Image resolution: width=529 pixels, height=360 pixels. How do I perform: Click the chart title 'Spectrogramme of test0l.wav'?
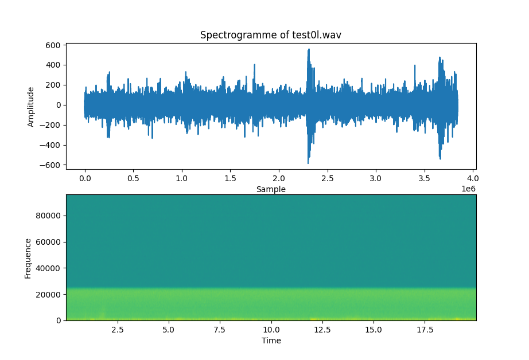(271, 35)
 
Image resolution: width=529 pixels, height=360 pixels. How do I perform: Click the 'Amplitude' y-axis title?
(31, 107)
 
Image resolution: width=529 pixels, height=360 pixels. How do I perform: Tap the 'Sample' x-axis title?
(271, 189)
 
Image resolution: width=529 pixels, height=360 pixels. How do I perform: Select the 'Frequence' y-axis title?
(28, 257)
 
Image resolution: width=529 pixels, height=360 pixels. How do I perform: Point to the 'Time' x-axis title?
(271, 341)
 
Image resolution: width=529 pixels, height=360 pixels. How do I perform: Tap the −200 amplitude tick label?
(52, 125)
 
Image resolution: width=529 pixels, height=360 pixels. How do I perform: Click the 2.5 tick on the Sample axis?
(328, 178)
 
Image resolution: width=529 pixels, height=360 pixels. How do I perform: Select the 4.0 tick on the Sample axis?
(473, 178)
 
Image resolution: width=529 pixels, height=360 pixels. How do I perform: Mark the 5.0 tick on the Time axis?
(168, 330)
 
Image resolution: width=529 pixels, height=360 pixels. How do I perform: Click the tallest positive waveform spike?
(309, 50)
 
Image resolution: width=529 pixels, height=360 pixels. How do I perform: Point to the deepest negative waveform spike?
(308, 163)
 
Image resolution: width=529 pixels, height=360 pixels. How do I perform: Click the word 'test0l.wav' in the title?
(317, 35)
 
